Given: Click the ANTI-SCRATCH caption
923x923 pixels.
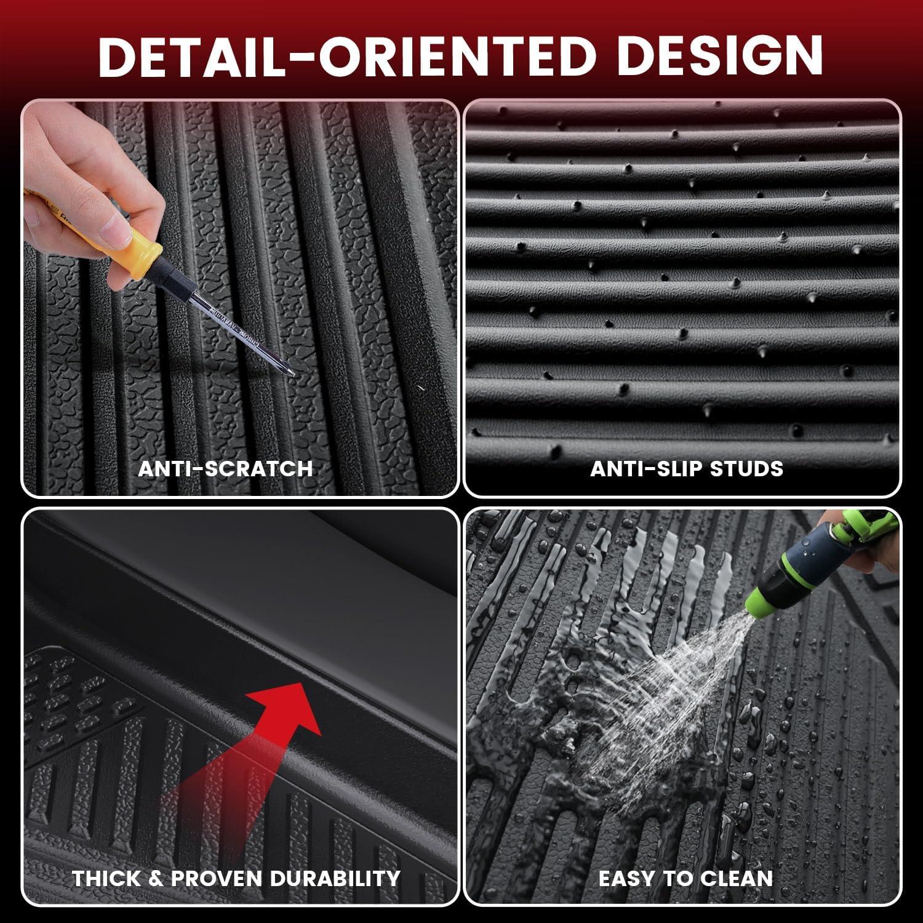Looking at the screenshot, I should pyautogui.click(x=225, y=468).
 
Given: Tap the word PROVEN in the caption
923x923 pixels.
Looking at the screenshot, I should pyautogui.click(x=217, y=878).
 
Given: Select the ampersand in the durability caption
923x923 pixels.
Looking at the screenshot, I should pyautogui.click(x=156, y=878).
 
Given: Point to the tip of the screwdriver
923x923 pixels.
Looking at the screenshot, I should pyautogui.click(x=293, y=375).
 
